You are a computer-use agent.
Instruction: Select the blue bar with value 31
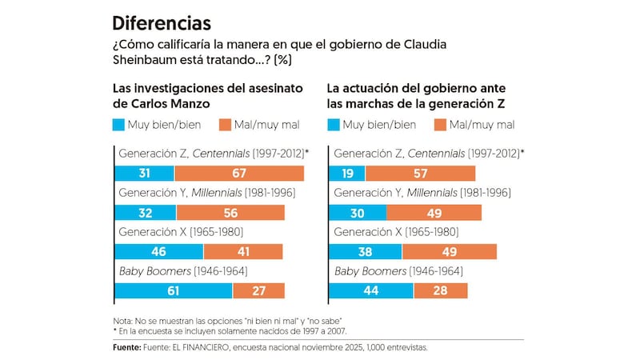(144, 174)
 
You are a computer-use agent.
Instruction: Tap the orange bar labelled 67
(239, 174)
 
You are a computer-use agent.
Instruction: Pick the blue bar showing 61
(173, 290)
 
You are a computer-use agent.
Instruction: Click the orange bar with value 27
(258, 290)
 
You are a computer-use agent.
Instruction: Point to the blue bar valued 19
(346, 174)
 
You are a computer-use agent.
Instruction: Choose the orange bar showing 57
(420, 174)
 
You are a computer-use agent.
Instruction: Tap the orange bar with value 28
(440, 290)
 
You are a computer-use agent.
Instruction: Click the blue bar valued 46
(158, 251)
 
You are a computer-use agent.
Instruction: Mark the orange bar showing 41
(242, 251)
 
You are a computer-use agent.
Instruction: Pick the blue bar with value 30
(357, 213)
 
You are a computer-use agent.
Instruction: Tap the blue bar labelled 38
(365, 251)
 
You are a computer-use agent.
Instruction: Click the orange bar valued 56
(230, 213)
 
